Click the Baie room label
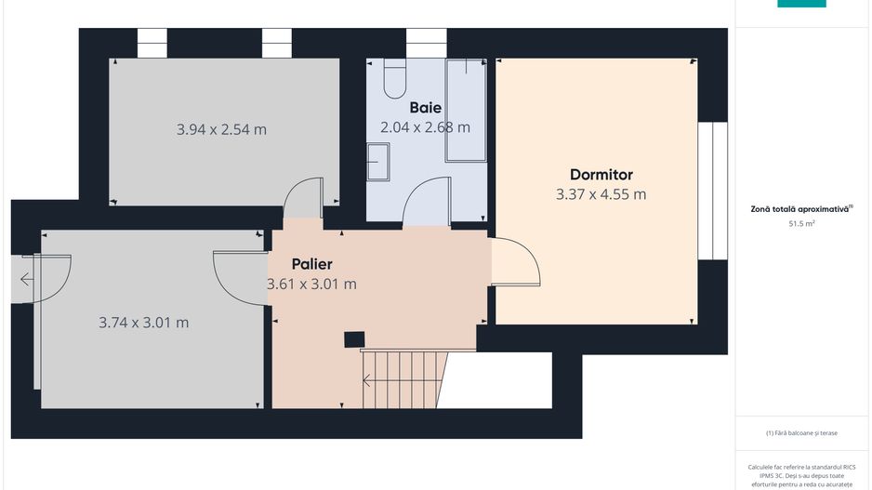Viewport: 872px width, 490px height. tap(425, 108)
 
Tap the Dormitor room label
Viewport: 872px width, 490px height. tap(601, 175)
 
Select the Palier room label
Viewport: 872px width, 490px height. tap(311, 264)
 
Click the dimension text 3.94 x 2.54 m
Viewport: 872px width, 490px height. tap(221, 129)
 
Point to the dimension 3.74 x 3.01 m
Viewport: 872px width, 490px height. tap(143, 323)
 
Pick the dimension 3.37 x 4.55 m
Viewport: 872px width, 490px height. tap(601, 194)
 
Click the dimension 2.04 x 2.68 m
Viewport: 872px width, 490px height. tap(425, 126)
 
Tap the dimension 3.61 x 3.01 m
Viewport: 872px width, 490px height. tap(311, 284)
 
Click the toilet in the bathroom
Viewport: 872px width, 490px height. tap(394, 79)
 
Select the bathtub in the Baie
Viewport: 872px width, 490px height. tap(466, 110)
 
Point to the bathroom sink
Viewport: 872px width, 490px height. tap(378, 162)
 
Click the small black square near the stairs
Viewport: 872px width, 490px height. tap(353, 339)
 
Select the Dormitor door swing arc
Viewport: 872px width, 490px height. tap(516, 262)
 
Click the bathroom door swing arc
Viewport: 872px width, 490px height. tap(426, 200)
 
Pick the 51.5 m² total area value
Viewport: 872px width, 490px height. tap(801, 224)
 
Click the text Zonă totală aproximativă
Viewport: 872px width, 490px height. tap(800, 209)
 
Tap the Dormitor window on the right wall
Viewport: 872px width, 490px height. tap(712, 191)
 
